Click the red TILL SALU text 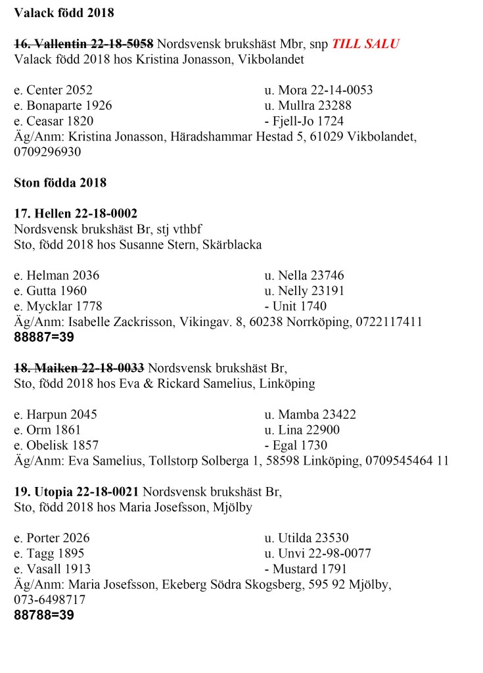(365, 44)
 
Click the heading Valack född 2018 (64, 12)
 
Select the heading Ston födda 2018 (60, 182)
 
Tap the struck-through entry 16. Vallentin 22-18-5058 (83, 44)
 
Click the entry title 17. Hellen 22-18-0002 (76, 214)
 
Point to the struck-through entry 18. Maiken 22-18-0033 (79, 368)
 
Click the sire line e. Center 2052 (53, 90)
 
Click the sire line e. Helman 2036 (57, 275)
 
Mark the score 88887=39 (44, 338)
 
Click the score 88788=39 (44, 616)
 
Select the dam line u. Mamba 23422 (310, 415)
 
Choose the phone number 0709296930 (47, 152)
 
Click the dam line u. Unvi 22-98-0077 (318, 553)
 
